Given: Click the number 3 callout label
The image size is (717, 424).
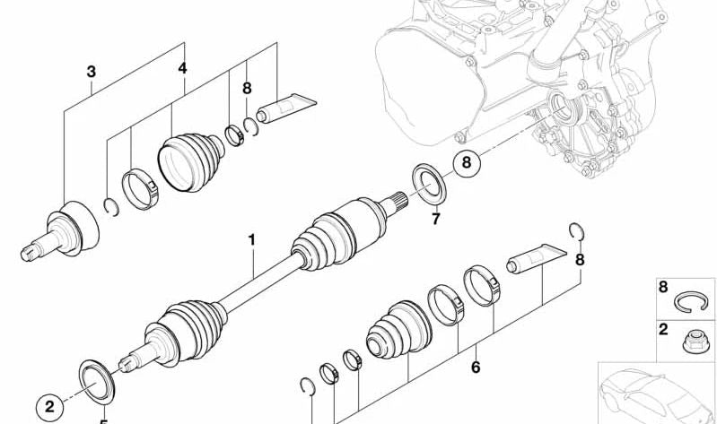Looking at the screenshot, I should point(92,70).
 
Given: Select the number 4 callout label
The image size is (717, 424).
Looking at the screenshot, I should point(182,68).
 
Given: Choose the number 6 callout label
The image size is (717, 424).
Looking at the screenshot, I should point(476,367).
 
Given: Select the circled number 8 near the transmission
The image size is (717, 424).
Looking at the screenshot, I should point(466,164).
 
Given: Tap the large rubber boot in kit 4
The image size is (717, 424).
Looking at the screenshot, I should point(191,160).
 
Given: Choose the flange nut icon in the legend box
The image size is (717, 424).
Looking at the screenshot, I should point(695,340).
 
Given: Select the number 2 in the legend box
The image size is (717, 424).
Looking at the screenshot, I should point(663,329).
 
